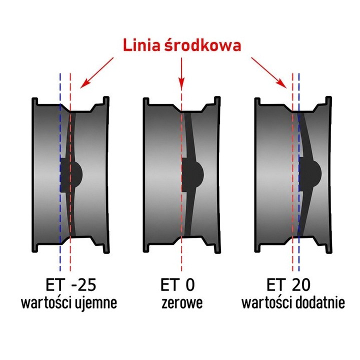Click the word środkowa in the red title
(203, 44)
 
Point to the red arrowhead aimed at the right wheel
(282, 83)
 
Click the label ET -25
(70, 284)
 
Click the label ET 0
(177, 284)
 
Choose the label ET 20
(288, 284)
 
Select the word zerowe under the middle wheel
(182, 303)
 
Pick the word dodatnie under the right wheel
(320, 302)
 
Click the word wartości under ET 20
(267, 302)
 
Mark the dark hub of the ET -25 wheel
(70, 175)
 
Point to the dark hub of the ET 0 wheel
(192, 175)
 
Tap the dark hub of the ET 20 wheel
(310, 174)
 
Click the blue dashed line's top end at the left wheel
(60, 73)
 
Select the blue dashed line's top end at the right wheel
(298, 73)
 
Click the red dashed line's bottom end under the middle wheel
(181, 271)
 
